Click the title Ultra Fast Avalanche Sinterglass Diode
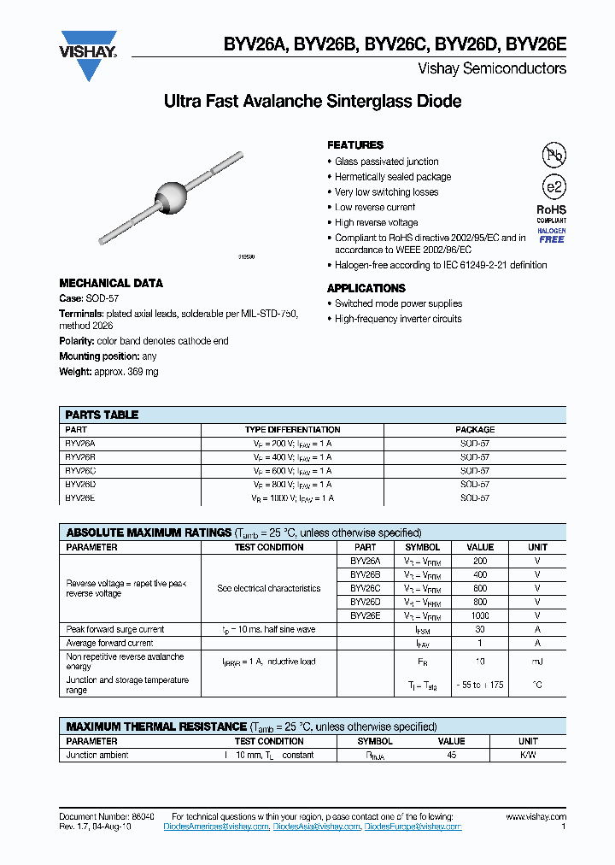[x=312, y=102]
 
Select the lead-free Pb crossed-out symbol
[x=553, y=155]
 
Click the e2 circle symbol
[x=553, y=187]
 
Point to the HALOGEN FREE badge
[x=551, y=235]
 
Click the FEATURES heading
[x=355, y=145]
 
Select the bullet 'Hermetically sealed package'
[x=392, y=177]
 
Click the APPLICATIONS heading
[x=366, y=289]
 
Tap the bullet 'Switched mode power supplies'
[x=398, y=303]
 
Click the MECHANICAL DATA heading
[x=110, y=283]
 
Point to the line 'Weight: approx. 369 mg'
[x=108, y=372]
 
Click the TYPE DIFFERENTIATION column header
[x=292, y=430]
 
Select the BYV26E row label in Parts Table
[x=80, y=497]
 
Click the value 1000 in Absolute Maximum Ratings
[x=480, y=615]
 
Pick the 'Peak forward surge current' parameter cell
[x=115, y=629]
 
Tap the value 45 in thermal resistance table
[x=452, y=756]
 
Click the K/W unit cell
[x=528, y=756]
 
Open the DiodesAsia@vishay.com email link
[x=317, y=827]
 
